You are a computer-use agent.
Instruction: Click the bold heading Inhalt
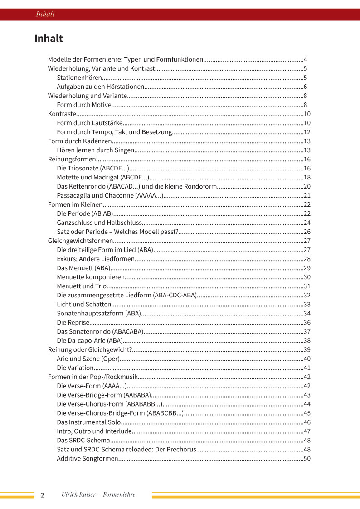(49, 39)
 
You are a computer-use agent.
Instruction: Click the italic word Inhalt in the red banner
(45, 14)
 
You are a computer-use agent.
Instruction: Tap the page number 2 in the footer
(43, 495)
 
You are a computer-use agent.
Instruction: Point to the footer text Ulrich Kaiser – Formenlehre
(98, 494)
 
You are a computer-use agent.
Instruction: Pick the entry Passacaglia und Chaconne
(110, 196)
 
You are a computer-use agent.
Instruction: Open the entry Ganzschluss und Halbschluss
(99, 223)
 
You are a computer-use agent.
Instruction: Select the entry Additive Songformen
(87, 459)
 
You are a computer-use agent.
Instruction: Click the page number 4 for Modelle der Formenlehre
(306, 60)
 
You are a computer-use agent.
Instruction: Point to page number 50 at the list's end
(307, 459)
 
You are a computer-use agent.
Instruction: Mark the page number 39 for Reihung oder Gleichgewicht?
(307, 350)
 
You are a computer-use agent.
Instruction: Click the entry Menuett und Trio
(82, 286)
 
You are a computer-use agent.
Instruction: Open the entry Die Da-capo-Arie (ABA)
(89, 341)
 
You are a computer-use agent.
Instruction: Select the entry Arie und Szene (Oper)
(88, 359)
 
